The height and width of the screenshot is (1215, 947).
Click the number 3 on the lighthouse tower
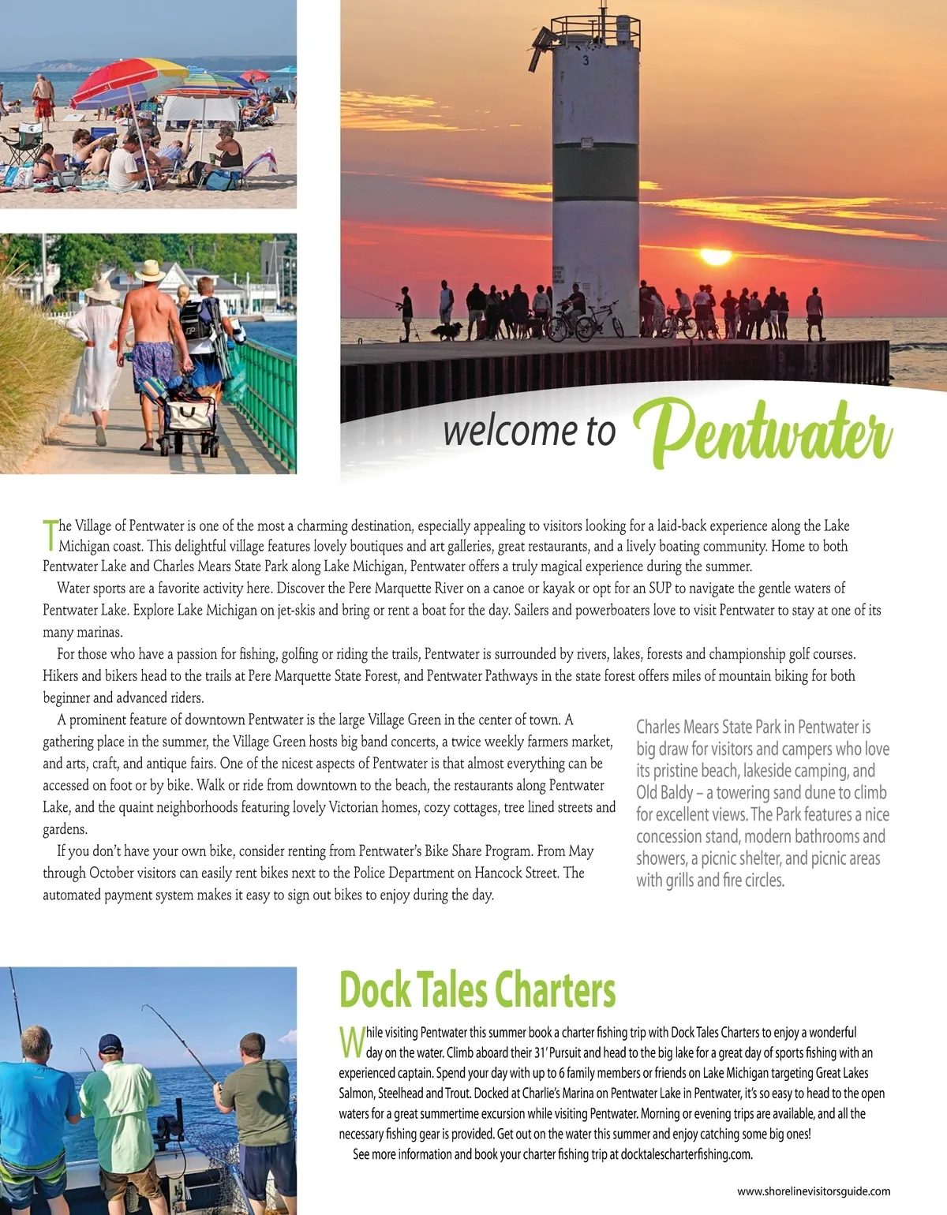[x=586, y=61]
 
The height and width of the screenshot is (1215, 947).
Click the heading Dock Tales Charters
[x=477, y=989]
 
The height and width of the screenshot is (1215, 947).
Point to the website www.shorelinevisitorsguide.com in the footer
[x=814, y=1191]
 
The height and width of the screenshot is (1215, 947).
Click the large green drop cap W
[x=351, y=1042]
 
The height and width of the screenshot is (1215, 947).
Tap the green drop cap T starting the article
[x=50, y=533]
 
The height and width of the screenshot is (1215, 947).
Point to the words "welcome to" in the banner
[x=529, y=431]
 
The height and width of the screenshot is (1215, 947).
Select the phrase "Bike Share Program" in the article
[x=478, y=851]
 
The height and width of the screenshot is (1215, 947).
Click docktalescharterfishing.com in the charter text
[x=686, y=1154]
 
